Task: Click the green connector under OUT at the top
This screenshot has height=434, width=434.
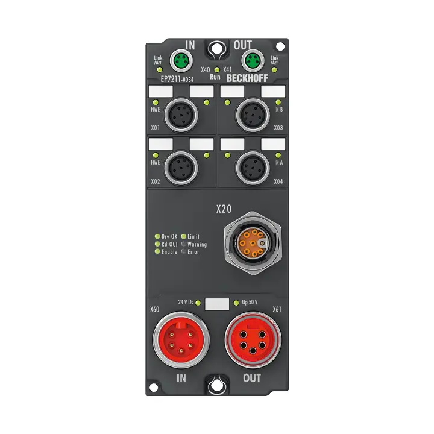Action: coord(251,60)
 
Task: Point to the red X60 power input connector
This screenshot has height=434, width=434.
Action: coord(179,339)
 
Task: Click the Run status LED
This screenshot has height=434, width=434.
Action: coord(216,70)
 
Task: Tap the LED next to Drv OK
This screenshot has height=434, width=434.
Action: coord(157,236)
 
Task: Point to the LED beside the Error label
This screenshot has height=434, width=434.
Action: coord(183,252)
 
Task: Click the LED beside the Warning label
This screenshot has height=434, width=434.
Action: coord(183,244)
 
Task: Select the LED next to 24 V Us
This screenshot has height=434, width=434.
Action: coord(198,301)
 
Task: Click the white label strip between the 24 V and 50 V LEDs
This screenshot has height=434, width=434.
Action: coord(216,303)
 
